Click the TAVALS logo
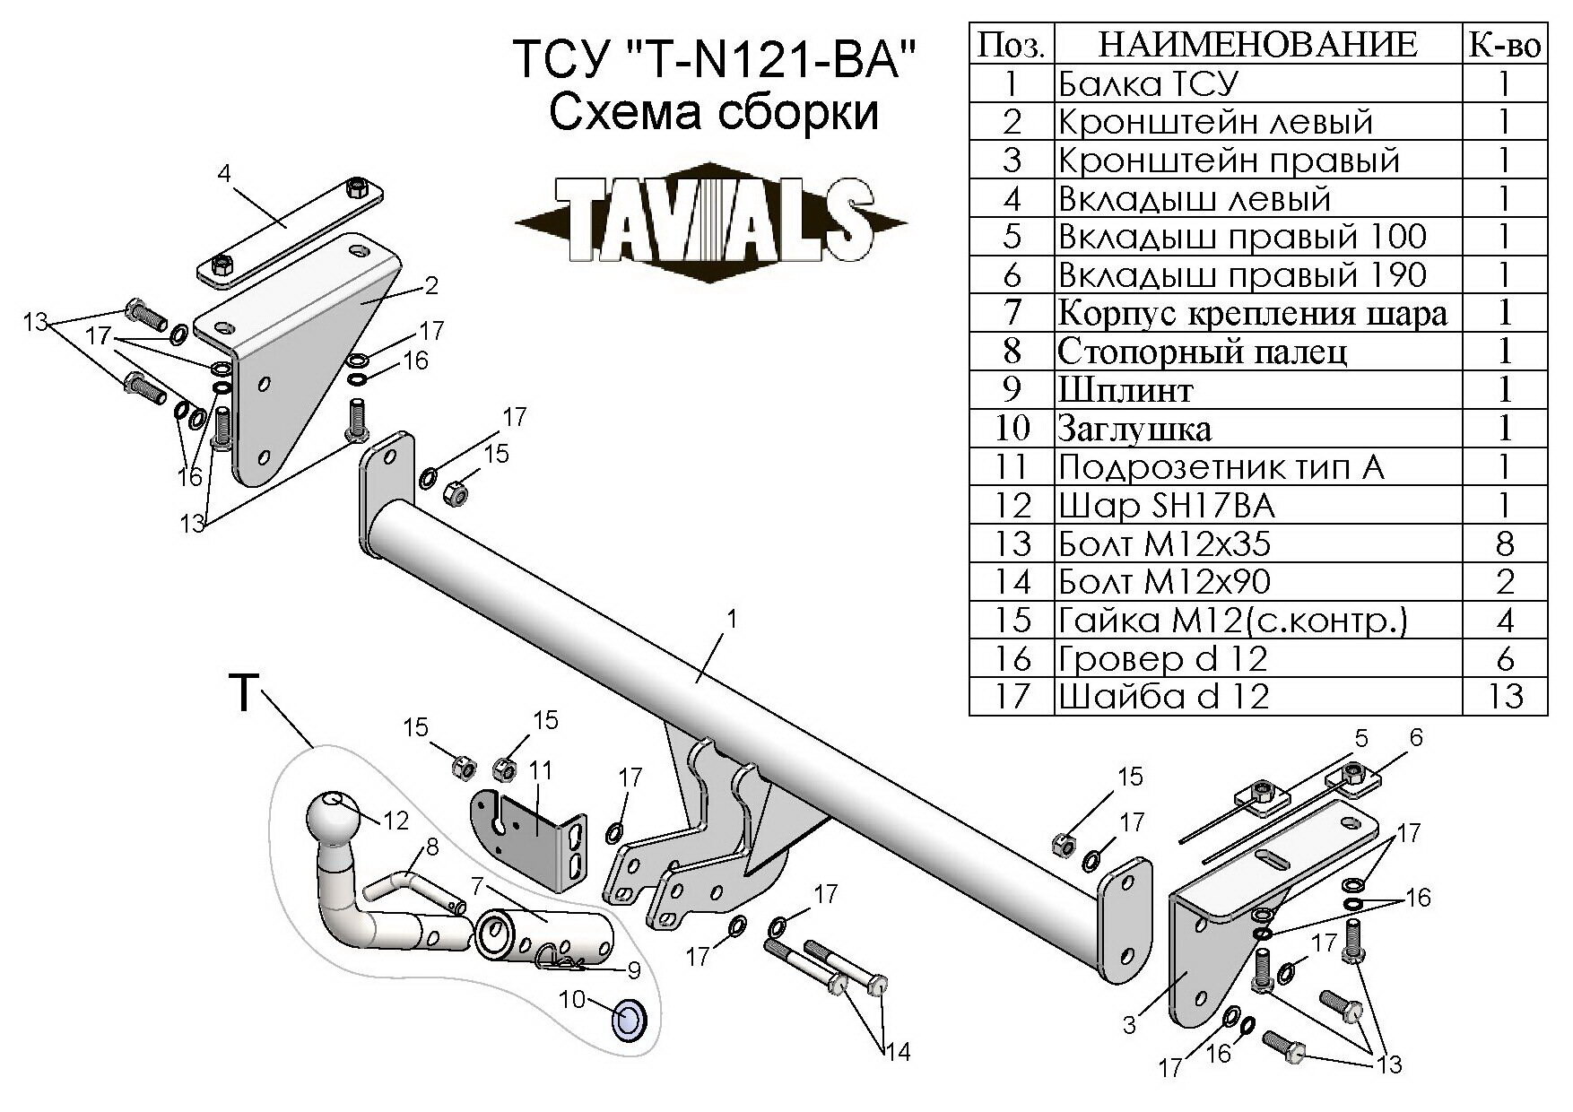pyautogui.click(x=713, y=218)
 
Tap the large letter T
pyautogui.click(x=244, y=693)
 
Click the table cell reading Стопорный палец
pyautogui.click(x=1202, y=352)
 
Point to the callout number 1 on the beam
pyautogui.click(x=733, y=619)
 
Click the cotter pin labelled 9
pyautogui.click(x=561, y=964)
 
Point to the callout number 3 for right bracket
pyautogui.click(x=1129, y=1023)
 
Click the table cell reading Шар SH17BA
pyautogui.click(x=1166, y=506)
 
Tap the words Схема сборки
pyautogui.click(x=713, y=114)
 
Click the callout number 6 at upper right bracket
pyautogui.click(x=1416, y=737)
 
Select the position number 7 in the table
pyautogui.click(x=1012, y=313)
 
